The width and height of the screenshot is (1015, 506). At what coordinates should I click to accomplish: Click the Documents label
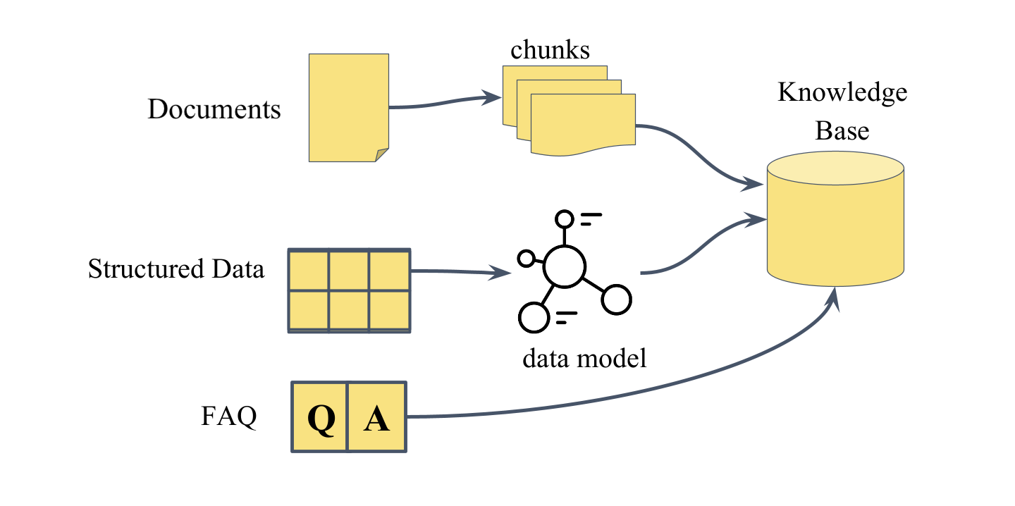pyautogui.click(x=214, y=110)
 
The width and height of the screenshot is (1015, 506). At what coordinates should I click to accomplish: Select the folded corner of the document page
pyautogui.click(x=381, y=155)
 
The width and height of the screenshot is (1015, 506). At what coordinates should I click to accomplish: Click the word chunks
pyautogui.click(x=550, y=50)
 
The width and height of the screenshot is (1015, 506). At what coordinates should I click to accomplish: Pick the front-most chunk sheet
pyautogui.click(x=583, y=123)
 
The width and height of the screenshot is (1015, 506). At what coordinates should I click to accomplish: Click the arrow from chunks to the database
pyautogui.click(x=705, y=155)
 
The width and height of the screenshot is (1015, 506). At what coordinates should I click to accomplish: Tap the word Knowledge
pyautogui.click(x=842, y=93)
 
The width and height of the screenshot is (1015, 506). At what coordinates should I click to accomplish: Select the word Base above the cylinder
pyautogui.click(x=842, y=131)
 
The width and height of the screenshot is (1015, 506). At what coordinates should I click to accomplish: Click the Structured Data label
pyautogui.click(x=176, y=269)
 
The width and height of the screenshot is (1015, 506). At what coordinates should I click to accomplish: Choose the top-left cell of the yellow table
pyautogui.click(x=309, y=270)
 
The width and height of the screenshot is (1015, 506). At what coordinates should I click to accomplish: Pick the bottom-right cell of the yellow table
pyautogui.click(x=389, y=310)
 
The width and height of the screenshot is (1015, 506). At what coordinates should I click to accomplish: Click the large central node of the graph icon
pyautogui.click(x=565, y=266)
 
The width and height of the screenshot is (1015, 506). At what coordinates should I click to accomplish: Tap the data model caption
pyautogui.click(x=584, y=359)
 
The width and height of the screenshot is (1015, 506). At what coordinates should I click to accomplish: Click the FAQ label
pyautogui.click(x=228, y=417)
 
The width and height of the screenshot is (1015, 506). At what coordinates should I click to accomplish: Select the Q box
pyautogui.click(x=321, y=417)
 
